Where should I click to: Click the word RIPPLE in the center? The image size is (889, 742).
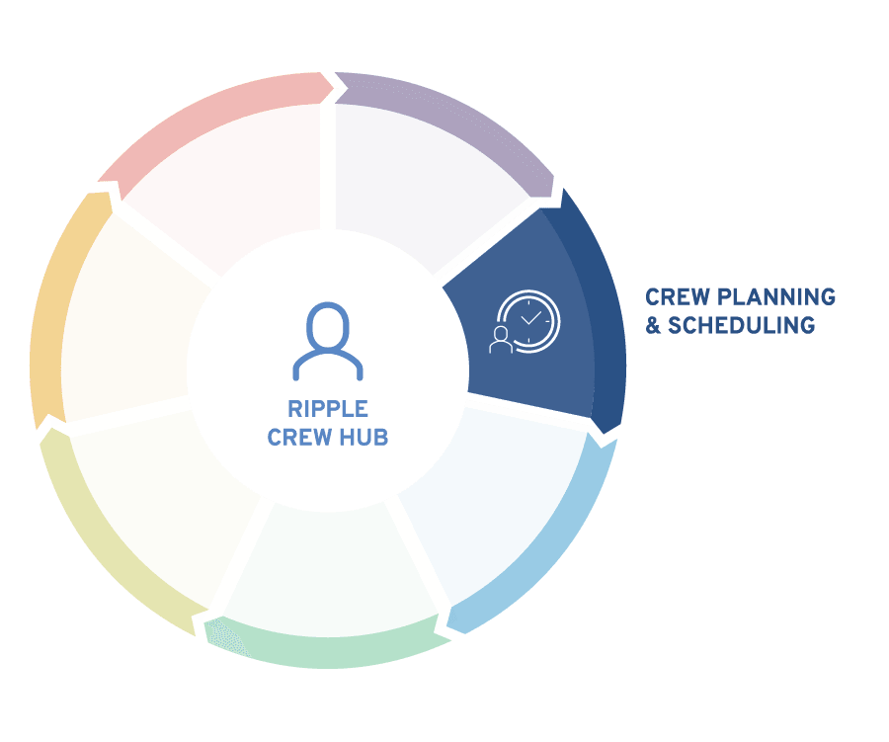[x=328, y=408]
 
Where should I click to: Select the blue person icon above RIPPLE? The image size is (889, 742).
[x=328, y=341]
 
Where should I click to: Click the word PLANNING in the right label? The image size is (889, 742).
[x=776, y=296]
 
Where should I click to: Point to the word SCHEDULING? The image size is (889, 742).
[x=741, y=325]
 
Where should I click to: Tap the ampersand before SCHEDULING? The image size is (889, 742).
[x=653, y=325]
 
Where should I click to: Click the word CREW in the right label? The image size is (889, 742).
[x=678, y=296]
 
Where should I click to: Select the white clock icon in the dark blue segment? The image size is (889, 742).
[x=529, y=321]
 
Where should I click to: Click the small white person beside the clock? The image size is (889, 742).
[x=500, y=339]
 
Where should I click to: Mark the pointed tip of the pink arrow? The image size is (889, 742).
[x=334, y=87]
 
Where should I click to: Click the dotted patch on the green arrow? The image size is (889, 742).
[x=227, y=637]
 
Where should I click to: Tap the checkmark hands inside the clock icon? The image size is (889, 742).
[x=531, y=318]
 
